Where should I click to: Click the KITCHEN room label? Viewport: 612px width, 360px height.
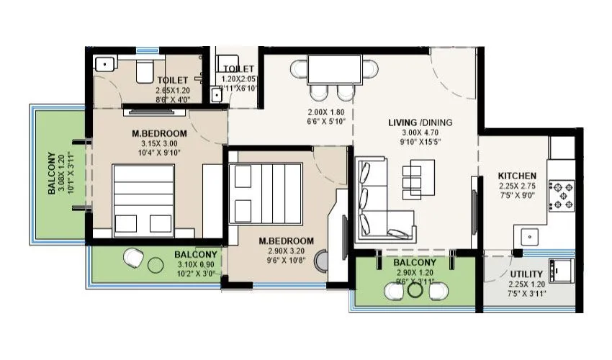517,175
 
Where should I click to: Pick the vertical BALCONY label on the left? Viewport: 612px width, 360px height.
53,173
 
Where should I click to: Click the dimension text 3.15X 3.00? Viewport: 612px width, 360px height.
159,143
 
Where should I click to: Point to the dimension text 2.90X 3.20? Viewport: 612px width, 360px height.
287,251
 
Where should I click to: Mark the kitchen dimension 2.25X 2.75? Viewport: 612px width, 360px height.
517,185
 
